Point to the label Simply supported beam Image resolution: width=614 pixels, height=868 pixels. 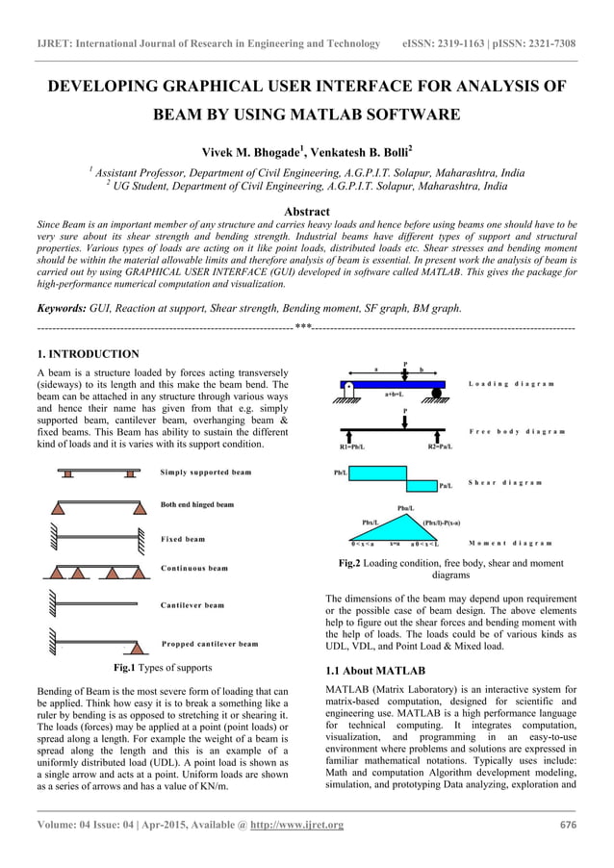206,472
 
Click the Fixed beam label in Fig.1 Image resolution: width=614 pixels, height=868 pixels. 183,540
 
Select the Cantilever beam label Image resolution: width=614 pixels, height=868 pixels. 192,605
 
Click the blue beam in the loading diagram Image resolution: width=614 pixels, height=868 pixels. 393,384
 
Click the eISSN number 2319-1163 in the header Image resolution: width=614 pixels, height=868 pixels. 471,43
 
